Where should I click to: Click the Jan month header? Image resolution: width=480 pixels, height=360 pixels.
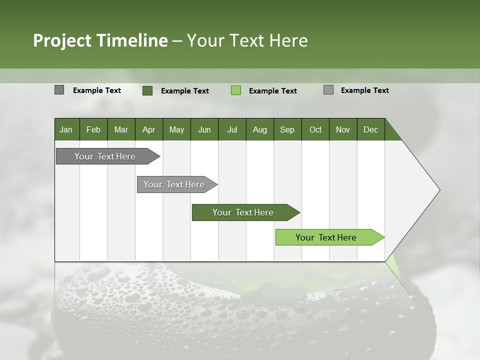[x=66, y=129]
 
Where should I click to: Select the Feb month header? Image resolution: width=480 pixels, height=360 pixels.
[x=93, y=129]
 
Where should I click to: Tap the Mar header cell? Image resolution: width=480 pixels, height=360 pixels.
[x=121, y=129]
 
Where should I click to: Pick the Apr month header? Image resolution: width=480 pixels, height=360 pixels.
[x=149, y=129]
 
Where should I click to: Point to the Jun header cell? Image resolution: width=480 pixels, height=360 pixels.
[x=204, y=129]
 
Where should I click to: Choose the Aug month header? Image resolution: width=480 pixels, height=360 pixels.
[x=260, y=129]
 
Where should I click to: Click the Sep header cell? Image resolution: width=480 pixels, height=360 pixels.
[x=287, y=129]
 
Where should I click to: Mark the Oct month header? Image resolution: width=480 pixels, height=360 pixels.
[x=315, y=129]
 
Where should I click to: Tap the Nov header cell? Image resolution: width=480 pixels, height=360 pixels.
[x=343, y=129]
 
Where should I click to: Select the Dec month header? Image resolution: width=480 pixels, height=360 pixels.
[x=371, y=129]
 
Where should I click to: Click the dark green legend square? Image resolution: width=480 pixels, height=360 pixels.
[x=147, y=90]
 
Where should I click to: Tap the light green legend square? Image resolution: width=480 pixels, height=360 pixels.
[x=236, y=90]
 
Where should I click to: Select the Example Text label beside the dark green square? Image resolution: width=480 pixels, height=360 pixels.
[x=185, y=91]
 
